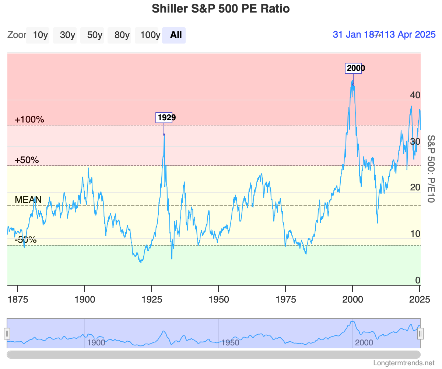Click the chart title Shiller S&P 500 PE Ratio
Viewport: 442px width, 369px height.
point(221,8)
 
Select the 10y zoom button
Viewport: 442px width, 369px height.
point(40,35)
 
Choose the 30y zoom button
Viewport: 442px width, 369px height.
point(67,35)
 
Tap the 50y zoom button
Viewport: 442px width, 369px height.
point(95,35)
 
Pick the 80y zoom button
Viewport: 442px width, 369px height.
point(122,35)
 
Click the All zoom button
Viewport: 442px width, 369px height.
point(176,35)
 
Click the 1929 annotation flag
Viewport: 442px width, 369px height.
point(164,118)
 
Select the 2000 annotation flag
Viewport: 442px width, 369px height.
point(353,68)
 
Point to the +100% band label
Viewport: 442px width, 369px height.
point(29,120)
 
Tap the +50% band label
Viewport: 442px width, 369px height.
point(27,160)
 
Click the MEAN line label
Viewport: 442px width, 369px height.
point(28,200)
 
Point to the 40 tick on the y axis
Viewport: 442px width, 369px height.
point(415,95)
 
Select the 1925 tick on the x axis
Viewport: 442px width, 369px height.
point(151,299)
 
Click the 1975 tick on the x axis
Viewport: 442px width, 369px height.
point(285,299)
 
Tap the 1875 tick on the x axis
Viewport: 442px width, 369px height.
point(18,299)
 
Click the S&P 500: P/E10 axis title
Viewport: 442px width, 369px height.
point(431,169)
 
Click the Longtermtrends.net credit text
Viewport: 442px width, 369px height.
point(404,363)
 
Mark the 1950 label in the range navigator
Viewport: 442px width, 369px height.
point(230,343)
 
